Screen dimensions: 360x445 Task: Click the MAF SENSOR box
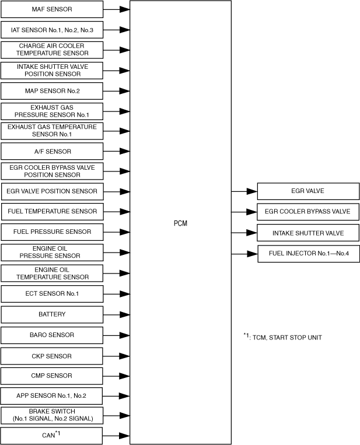point(52,9)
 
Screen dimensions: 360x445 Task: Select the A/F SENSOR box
point(52,152)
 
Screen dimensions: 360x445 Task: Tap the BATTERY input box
point(52,314)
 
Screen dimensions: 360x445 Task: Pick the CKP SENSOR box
point(52,356)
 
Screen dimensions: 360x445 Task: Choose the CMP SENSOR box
point(52,376)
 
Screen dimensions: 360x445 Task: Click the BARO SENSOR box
point(52,335)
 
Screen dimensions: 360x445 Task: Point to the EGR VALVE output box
point(307,191)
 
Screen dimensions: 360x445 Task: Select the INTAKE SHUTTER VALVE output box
point(307,233)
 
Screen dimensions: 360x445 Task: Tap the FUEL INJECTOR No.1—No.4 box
point(307,254)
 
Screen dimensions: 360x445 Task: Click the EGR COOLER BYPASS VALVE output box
point(307,212)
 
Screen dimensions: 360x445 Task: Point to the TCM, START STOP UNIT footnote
point(282,337)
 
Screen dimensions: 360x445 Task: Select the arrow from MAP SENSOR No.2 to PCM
point(116,91)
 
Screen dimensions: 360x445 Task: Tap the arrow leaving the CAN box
point(116,435)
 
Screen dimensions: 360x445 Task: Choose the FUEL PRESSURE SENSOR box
point(52,232)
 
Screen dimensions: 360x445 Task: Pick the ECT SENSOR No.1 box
point(52,293)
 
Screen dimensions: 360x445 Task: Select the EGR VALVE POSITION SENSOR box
point(52,191)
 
